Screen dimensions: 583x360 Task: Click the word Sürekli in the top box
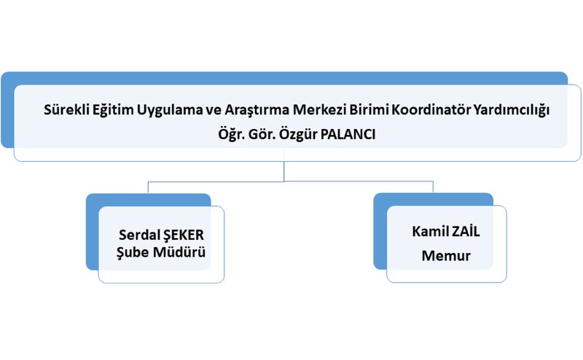tap(66, 110)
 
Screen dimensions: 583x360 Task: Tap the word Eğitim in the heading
tap(113, 111)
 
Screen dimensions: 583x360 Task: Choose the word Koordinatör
tap(431, 110)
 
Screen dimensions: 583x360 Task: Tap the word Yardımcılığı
tap(512, 111)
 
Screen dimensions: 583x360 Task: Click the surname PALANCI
tap(348, 134)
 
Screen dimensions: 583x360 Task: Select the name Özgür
tap(298, 135)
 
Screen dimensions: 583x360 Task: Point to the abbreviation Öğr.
tap(231, 135)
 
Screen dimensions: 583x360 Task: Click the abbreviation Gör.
tap(262, 134)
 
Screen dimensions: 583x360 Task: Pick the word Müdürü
tap(179, 251)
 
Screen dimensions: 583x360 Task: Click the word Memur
tap(446, 256)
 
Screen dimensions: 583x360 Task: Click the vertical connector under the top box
tap(284, 171)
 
